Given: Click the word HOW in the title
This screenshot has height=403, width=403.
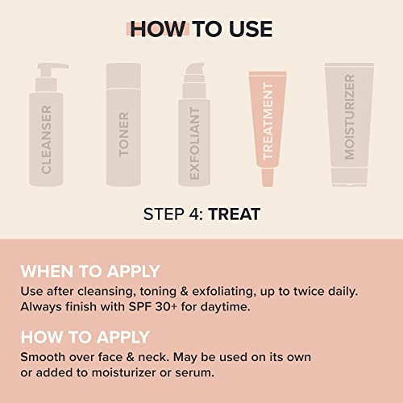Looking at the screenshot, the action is point(158,29).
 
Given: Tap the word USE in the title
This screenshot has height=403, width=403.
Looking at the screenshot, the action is point(251,29).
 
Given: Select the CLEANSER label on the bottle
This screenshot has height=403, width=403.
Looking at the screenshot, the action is point(46,139).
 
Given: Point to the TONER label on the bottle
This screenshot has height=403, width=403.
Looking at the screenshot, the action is point(123,134).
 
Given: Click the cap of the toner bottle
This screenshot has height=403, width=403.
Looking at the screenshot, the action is point(123,76).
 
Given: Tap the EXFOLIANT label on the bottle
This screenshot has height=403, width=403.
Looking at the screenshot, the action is point(194,143).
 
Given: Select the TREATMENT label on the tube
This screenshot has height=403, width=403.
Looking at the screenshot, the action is point(268,122).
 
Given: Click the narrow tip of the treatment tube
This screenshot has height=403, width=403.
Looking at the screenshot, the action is point(268,177).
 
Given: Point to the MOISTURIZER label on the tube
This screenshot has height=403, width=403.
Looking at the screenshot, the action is point(349,117).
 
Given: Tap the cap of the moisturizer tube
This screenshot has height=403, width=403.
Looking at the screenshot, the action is point(349,177).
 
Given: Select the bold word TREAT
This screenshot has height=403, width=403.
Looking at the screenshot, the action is point(235,214).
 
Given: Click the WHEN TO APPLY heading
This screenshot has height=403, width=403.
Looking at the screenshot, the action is point(90,271).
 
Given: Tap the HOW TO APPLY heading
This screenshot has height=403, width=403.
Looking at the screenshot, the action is point(85,337).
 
